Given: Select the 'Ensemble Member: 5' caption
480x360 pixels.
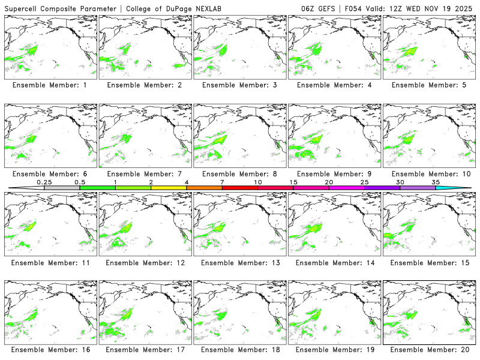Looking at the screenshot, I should pos(429,85).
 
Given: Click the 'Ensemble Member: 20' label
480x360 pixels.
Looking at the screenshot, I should pos(429,350).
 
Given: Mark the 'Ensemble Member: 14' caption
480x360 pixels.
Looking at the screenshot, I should pos(334,262).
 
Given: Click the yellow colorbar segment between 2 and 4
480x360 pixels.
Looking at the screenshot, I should pos(169,188).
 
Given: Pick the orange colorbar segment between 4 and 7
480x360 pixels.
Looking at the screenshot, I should pos(204,188).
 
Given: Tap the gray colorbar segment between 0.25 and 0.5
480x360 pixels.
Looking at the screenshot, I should pos(62,188).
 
